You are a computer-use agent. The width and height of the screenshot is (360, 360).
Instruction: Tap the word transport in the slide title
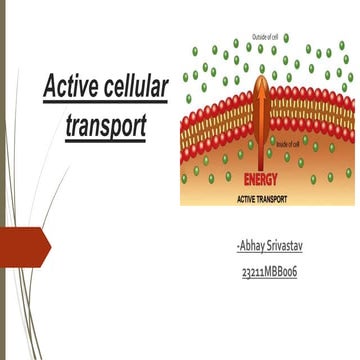pos(104,127)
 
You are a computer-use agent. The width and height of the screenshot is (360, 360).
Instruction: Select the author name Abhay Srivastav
pos(264,245)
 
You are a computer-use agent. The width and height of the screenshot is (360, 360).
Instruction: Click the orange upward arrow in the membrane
pos(264,120)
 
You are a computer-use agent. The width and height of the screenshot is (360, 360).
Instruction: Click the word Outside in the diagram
pos(260,37)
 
